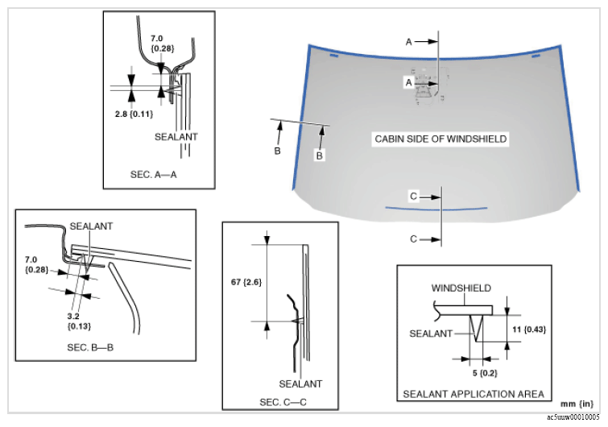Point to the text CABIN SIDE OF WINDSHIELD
click(x=440, y=139)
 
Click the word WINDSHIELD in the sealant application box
click(x=461, y=288)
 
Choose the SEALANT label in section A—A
click(x=176, y=137)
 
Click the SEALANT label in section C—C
click(x=300, y=383)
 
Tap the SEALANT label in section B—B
click(x=91, y=226)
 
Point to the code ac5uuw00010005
click(x=573, y=418)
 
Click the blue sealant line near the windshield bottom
click(x=436, y=207)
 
